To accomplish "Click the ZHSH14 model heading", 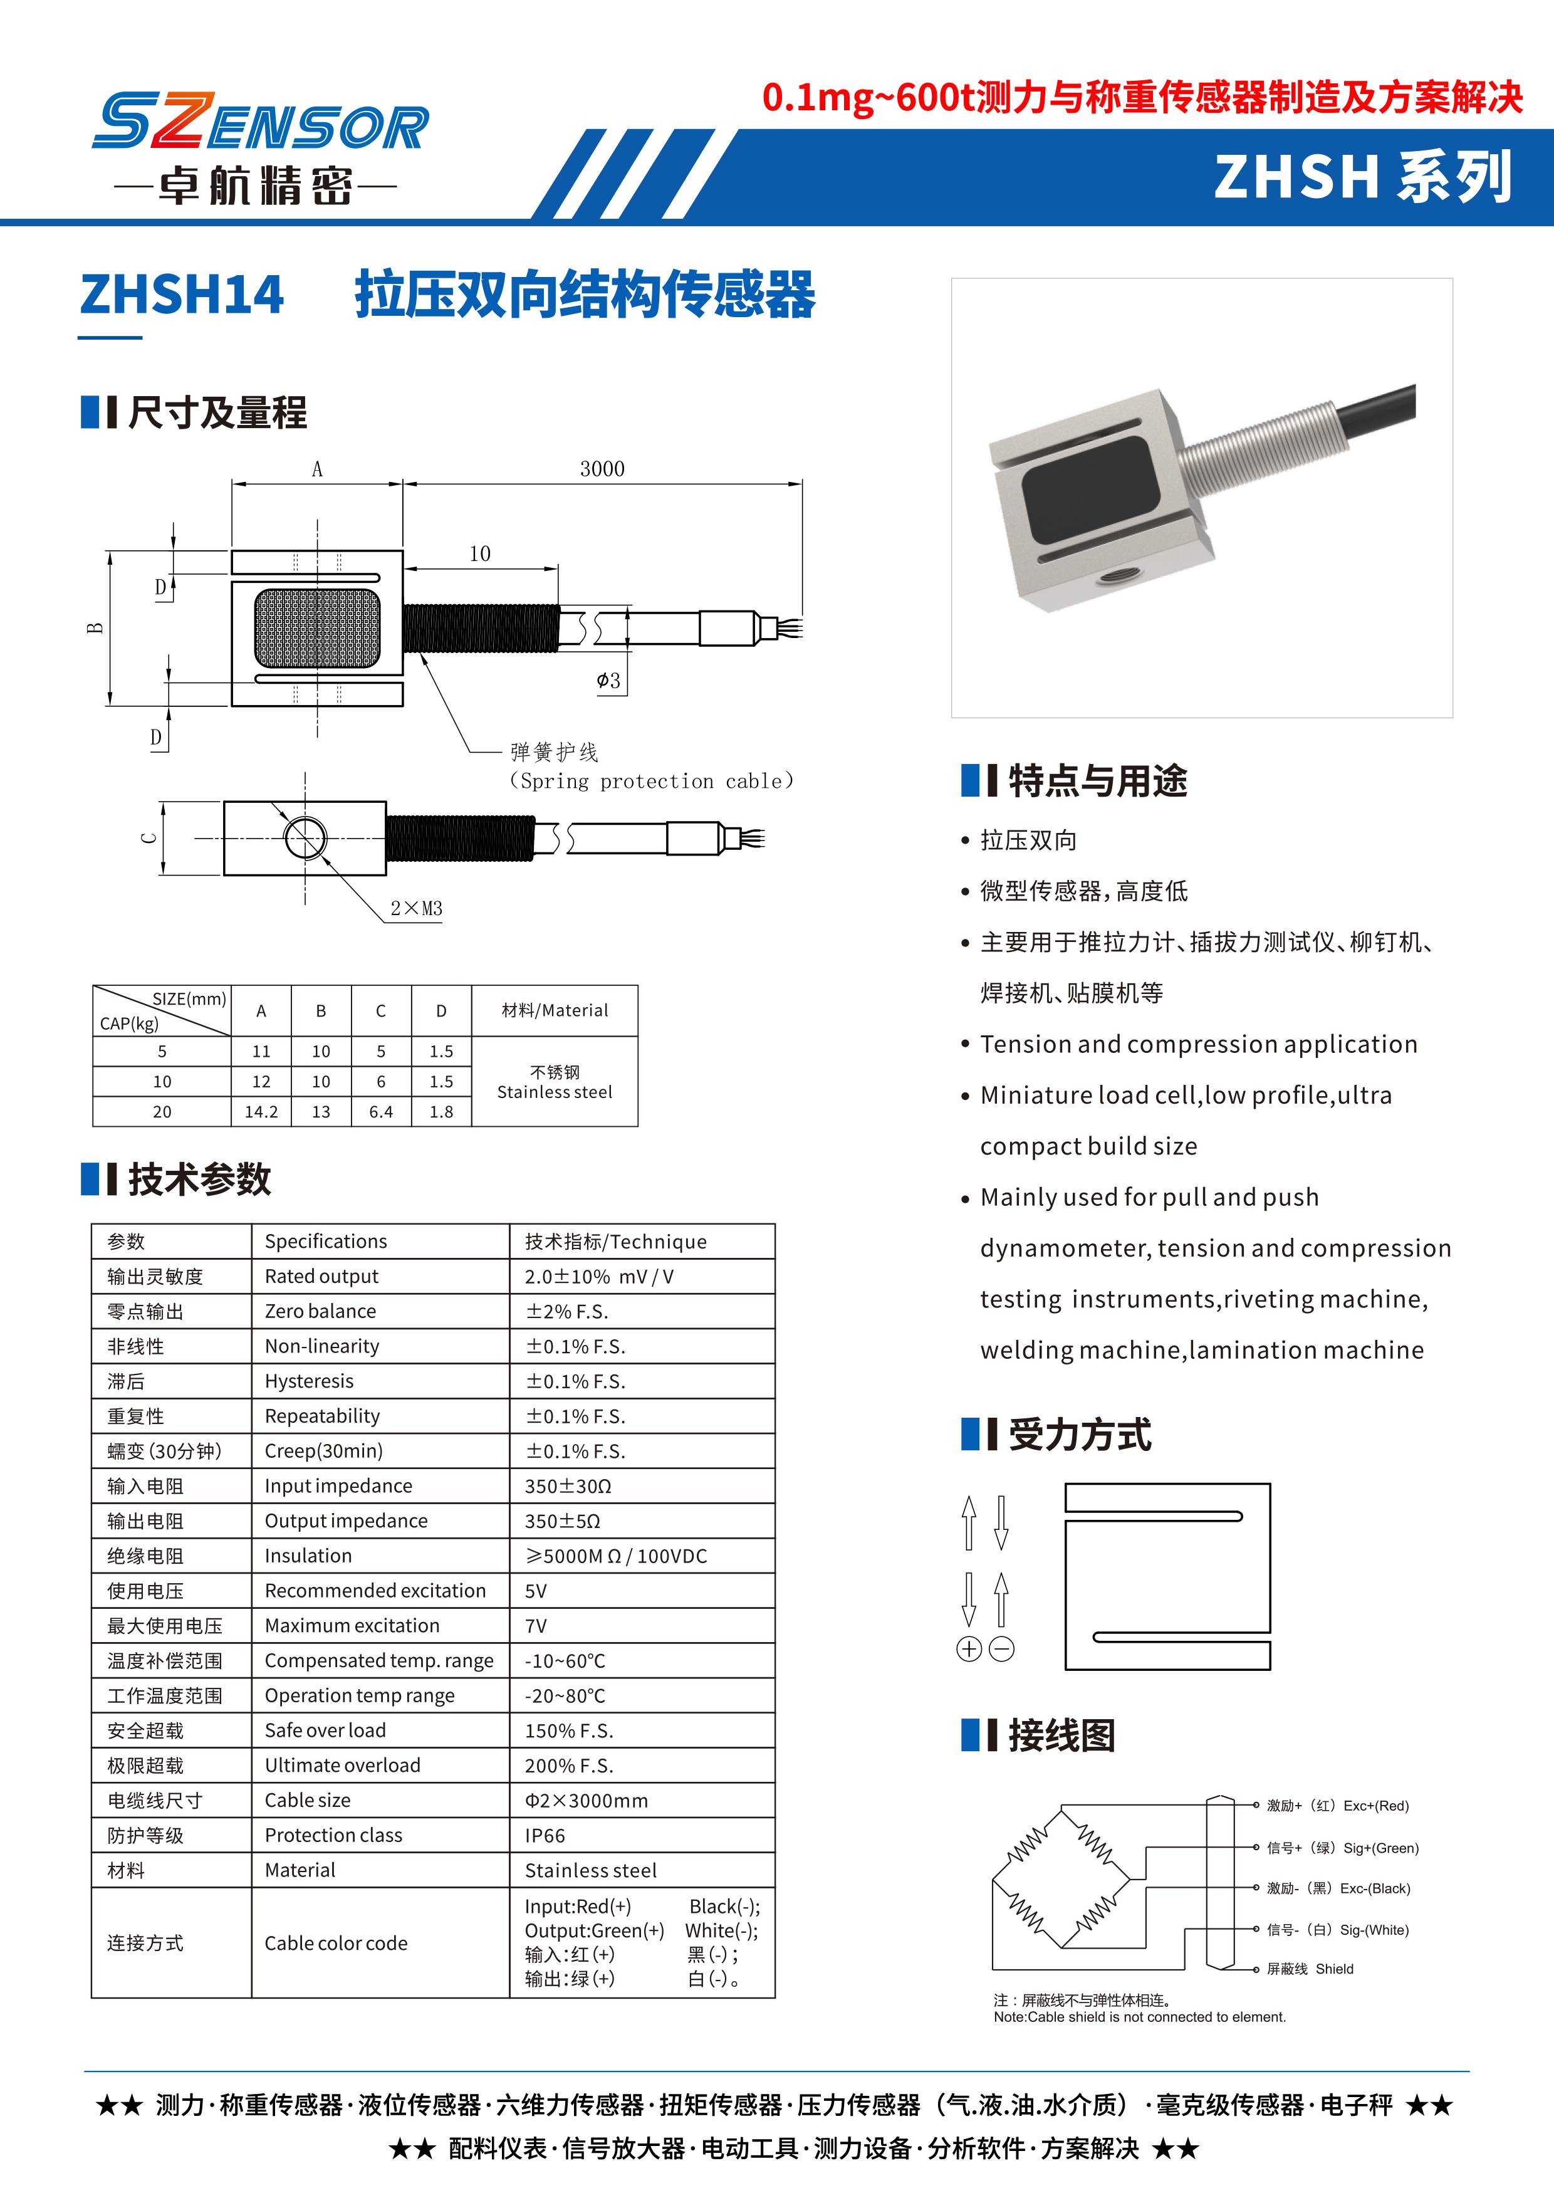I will point(182,295).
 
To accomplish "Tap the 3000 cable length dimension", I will point(602,469).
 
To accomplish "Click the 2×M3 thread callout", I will point(416,909).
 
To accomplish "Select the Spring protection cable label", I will point(650,781).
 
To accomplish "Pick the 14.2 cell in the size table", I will point(261,1111).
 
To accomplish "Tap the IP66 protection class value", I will point(545,1835).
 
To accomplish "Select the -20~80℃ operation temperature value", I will point(565,1695).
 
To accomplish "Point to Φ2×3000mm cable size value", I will point(586,1800).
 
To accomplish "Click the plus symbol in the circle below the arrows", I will point(968,1648).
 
